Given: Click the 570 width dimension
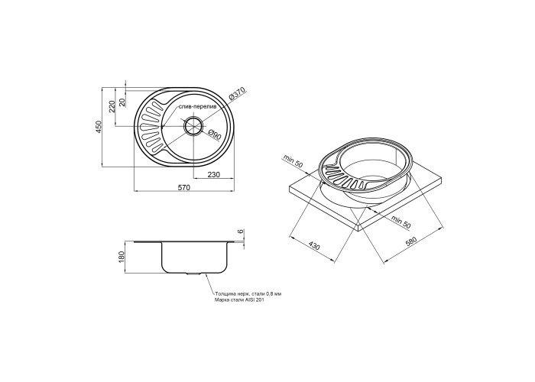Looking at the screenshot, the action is [183, 187].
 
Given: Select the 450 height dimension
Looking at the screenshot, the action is [99, 127].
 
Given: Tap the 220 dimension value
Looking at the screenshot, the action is [112, 108].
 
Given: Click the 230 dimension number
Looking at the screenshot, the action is [214, 175].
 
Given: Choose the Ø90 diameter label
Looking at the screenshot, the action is [215, 134].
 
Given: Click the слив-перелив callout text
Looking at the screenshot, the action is [197, 107].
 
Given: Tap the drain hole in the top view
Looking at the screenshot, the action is [194, 126].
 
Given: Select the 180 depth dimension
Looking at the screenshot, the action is [121, 257].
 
